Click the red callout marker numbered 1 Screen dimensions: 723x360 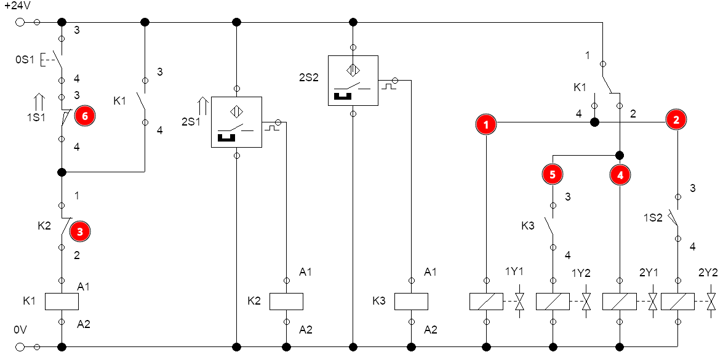pos(487,124)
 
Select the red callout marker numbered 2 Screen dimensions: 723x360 pos(676,120)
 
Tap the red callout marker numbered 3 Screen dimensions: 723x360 pos(80,231)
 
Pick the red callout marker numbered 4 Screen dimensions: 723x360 pos(620,175)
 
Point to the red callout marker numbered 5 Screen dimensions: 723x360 pos(553,174)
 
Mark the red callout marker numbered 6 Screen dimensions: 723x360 pos(84,116)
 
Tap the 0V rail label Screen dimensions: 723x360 pos(20,330)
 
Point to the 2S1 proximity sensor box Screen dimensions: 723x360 pos(236,122)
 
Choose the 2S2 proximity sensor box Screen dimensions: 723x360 pos(353,81)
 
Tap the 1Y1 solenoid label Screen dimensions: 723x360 pos(514,273)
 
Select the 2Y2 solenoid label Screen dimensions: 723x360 pos(708,273)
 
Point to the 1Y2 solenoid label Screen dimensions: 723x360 pos(581,273)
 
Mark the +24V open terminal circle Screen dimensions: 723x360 pos(20,22)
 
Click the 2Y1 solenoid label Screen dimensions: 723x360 pos(649,273)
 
